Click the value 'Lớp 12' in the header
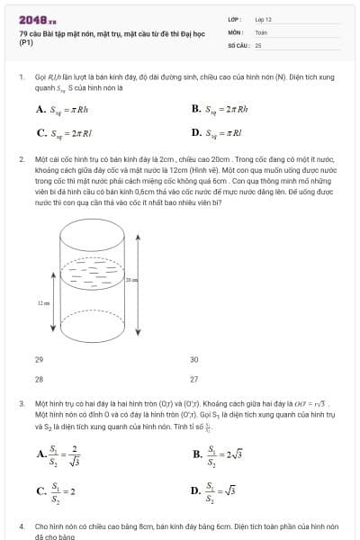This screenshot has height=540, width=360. coord(263,19)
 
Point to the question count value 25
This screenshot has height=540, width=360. coord(258,44)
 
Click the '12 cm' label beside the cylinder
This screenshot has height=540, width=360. coord(44,303)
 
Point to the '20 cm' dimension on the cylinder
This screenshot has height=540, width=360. coord(131,282)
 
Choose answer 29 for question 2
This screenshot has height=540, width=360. coord(39,359)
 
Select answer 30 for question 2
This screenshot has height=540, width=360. coord(193,359)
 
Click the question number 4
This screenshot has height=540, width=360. coord(21,525)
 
